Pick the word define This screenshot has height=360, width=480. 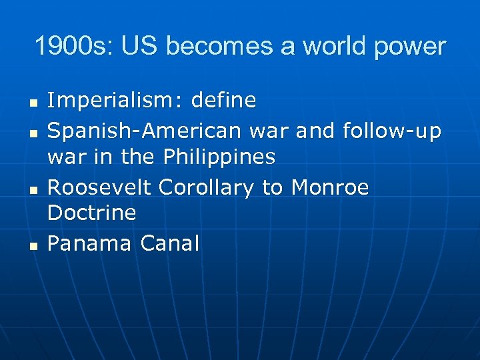pos(223,101)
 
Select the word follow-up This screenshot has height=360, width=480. pos(391,132)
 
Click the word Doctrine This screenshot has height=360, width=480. pos(92,213)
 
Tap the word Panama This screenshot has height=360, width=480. pos(90,244)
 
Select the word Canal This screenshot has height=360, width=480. pos(170,244)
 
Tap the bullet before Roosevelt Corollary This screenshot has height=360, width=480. pos(32,191)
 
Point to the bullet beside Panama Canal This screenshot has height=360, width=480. pos(32,247)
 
